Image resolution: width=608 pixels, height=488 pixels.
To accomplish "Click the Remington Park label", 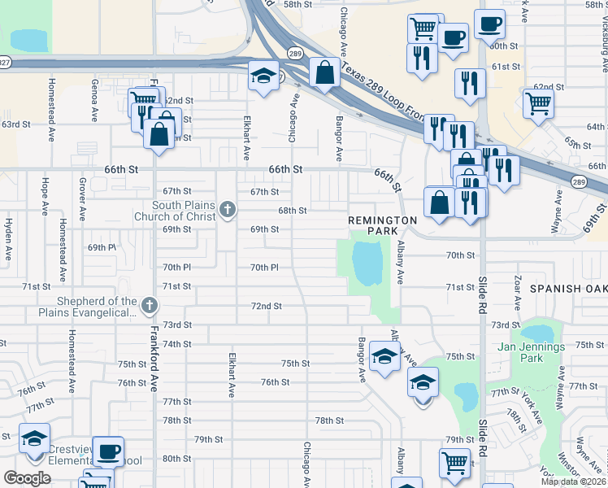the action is tap(382, 225).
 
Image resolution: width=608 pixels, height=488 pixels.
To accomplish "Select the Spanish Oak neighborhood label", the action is tap(568, 289).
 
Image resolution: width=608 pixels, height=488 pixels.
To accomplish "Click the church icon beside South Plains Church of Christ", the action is tap(227, 211).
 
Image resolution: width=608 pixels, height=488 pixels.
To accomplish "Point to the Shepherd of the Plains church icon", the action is tap(148, 306).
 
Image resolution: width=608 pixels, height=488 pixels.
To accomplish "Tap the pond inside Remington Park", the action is tap(367, 260).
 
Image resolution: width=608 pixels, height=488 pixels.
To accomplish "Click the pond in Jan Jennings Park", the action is tap(537, 333).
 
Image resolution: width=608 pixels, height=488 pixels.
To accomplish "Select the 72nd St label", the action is tap(266, 306).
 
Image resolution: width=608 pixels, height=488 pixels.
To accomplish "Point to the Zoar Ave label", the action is tap(517, 291).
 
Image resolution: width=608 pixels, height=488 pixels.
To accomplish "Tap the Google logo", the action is tap(27, 478).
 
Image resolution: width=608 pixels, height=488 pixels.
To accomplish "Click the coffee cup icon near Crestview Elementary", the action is tap(108, 451).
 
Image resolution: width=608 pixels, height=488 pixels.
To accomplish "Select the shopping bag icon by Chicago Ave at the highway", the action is tap(324, 73).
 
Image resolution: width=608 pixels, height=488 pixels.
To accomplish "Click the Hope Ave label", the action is tap(46, 195).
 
